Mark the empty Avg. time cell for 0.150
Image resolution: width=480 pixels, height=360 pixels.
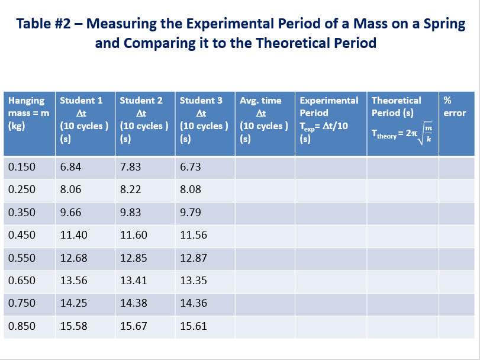tap(265, 167)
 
